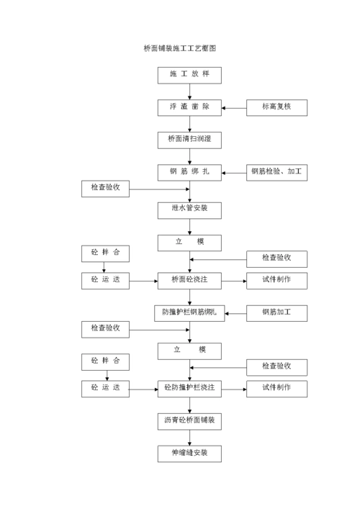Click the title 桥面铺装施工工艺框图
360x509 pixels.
[x=180, y=48]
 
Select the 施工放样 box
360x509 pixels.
[x=189, y=75]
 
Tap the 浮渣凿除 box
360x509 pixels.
[x=189, y=107]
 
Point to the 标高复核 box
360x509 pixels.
[x=276, y=107]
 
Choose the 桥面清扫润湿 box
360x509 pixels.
[x=189, y=140]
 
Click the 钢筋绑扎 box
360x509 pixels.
[x=189, y=172]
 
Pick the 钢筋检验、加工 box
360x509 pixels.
[x=276, y=172]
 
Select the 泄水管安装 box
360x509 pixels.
[x=189, y=210]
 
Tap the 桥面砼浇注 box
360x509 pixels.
[x=189, y=279]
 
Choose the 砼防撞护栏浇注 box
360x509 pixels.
[x=189, y=388]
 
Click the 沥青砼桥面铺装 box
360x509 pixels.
[x=189, y=420]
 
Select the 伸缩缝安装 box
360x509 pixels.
[x=189, y=453]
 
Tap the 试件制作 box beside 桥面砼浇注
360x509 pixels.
[x=276, y=279]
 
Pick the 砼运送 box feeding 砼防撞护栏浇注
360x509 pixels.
[x=105, y=388]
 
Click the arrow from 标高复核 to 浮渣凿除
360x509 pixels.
[x=234, y=108]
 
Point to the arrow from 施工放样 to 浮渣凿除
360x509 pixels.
[x=190, y=91]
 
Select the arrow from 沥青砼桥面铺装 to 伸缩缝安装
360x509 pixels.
[x=190, y=437]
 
